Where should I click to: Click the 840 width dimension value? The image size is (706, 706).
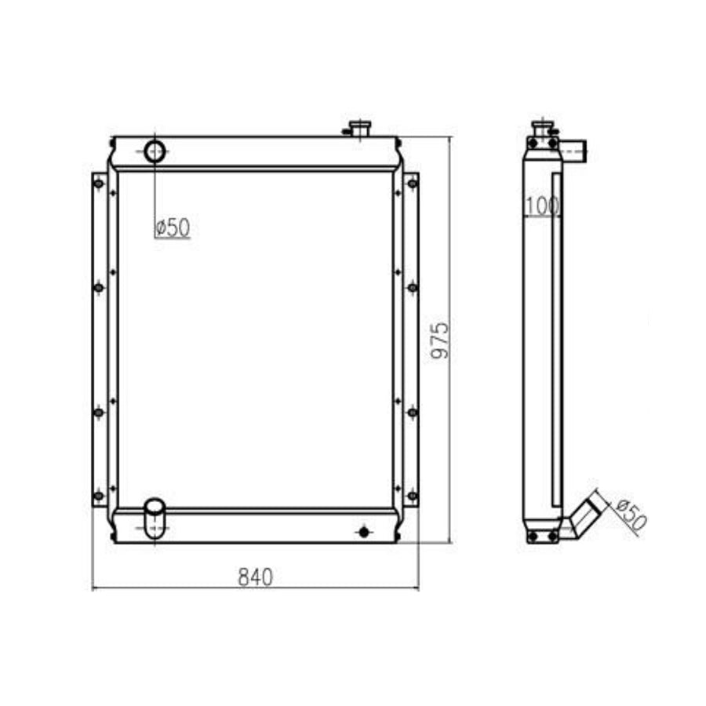255,577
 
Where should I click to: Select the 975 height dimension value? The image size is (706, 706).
442,340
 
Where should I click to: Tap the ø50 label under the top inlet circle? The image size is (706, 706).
173,227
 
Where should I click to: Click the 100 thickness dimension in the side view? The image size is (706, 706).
542,206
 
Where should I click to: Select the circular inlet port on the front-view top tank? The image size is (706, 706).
155,151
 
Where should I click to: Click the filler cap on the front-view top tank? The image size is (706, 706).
360,127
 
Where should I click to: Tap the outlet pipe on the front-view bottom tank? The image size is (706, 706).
155,518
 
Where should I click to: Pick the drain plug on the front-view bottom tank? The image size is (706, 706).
362,532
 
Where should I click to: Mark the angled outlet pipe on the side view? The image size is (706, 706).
587,516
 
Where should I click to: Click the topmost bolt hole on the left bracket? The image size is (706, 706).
98,184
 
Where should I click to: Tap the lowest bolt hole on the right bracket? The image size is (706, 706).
413,495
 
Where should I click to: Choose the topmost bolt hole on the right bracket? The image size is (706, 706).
413,184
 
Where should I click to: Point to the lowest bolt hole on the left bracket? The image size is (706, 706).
98,495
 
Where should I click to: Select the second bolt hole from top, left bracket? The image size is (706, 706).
98,288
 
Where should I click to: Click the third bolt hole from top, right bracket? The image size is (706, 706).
413,411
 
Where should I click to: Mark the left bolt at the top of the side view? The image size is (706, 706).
533,144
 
